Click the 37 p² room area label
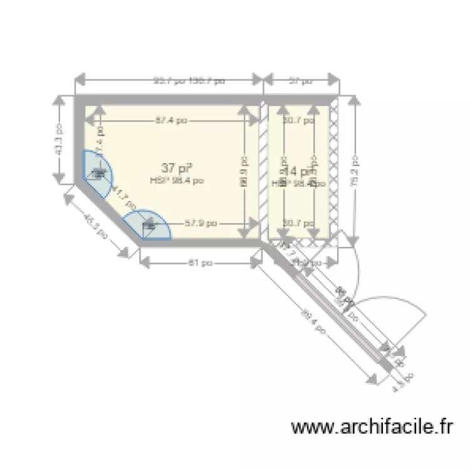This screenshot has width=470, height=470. coord(175,168)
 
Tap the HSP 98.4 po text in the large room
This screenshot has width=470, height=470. coord(177,180)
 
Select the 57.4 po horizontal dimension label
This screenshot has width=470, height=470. coord(171,121)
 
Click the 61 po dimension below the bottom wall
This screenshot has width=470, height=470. coord(199,263)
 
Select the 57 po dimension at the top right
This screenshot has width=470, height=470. coord(301,80)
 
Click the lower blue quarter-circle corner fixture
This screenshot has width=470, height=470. coord(149,226)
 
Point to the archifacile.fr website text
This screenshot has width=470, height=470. coord(372,427)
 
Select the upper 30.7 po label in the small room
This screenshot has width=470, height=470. coord(298,121)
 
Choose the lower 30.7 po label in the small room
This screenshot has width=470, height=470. coord(298,222)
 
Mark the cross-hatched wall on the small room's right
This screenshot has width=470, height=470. coord(334,169)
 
